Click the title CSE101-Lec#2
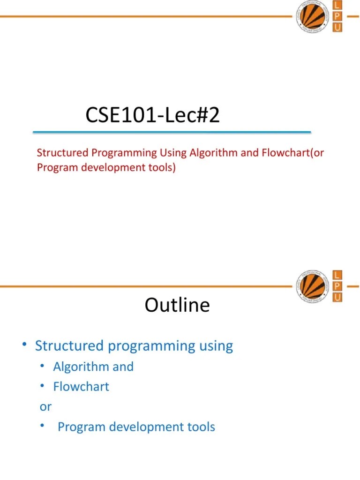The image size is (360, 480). (152, 115)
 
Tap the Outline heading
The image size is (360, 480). (177, 305)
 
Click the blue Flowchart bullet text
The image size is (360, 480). (81, 387)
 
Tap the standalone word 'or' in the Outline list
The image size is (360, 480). (45, 407)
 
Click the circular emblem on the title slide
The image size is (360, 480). (313, 16)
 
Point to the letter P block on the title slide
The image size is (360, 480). (337, 17)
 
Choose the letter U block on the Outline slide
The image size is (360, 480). (337, 297)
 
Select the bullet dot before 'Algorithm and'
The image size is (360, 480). (43, 366)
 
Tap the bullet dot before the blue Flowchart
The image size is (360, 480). (43, 386)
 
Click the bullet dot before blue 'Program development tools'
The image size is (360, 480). (43, 426)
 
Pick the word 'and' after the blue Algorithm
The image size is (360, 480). (123, 367)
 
